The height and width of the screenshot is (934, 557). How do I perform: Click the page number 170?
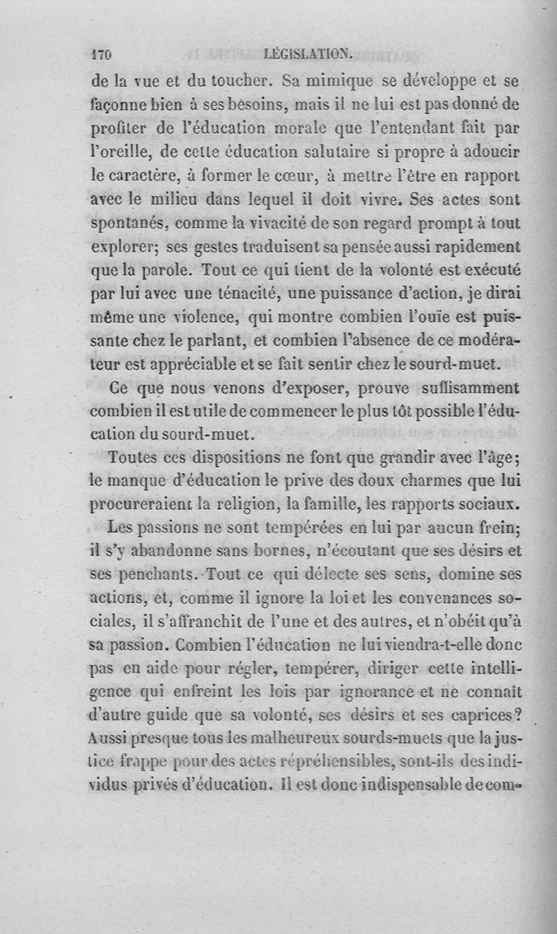[x=102, y=55]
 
